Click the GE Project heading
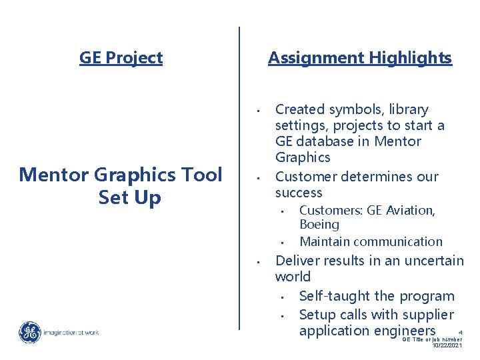pyautogui.click(x=121, y=58)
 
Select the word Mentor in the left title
pyautogui.click(x=55, y=175)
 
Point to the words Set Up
pyautogui.click(x=129, y=198)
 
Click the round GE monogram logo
pyautogui.click(x=29, y=333)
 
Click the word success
pyautogui.click(x=298, y=193)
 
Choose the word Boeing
pyautogui.click(x=319, y=225)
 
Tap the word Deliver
pyautogui.click(x=297, y=261)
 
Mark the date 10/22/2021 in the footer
pyautogui.click(x=446, y=345)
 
